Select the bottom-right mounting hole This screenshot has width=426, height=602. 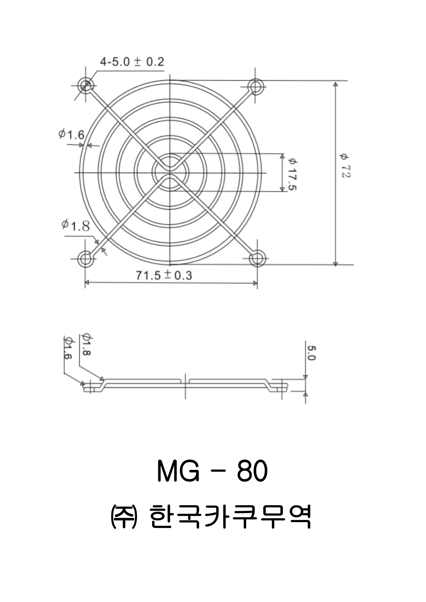pos(257,258)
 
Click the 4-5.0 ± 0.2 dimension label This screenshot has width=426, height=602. pos(132,62)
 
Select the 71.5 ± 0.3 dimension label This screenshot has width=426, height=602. pos(164,275)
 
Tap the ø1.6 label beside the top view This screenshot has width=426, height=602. pos(71,134)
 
